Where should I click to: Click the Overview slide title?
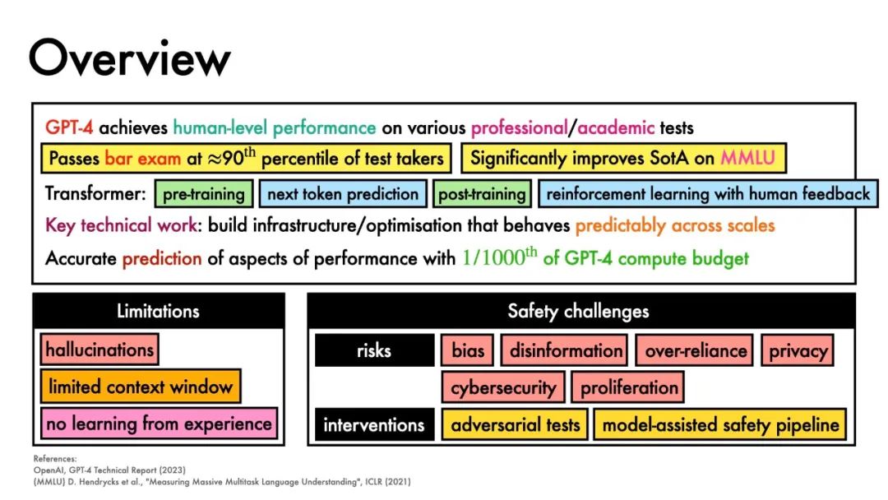point(130,58)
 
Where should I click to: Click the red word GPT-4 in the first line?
point(69,127)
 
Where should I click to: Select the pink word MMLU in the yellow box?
point(747,157)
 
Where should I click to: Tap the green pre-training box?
point(204,193)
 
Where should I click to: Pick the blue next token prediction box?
point(343,193)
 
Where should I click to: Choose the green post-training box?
point(482,193)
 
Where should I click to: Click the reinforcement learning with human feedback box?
point(708,193)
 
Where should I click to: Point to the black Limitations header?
point(159,311)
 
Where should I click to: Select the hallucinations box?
point(99,350)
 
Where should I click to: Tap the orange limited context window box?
point(141,387)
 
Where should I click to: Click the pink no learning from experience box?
point(160,424)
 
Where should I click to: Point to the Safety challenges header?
point(581,311)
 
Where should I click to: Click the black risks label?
point(374,350)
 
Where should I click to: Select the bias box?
point(468,350)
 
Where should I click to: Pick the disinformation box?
point(565,350)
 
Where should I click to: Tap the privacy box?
point(798,350)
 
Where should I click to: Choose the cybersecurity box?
point(503,387)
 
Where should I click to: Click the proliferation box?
point(629,387)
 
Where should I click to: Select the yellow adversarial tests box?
point(516,424)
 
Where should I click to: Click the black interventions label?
point(374,424)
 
